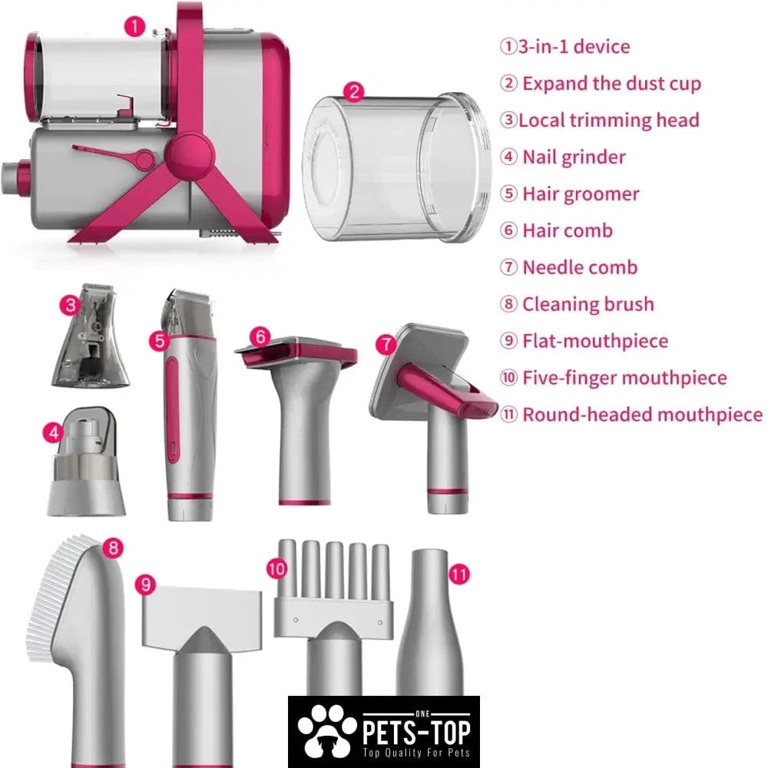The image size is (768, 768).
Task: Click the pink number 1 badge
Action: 135,26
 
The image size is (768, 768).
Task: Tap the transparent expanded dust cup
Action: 397,167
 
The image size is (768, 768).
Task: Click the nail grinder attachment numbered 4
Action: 86,461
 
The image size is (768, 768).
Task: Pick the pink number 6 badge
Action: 260,337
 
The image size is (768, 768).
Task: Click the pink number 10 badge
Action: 276,569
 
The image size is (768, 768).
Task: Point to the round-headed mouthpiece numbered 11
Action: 430,622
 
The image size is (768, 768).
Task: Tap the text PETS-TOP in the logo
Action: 416,732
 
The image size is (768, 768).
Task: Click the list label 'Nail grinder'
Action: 574,157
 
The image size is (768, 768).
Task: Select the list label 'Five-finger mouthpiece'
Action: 624,378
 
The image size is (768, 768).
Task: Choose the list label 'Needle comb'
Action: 580,267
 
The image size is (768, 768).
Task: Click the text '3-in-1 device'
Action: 574,47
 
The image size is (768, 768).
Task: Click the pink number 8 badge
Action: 114,548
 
